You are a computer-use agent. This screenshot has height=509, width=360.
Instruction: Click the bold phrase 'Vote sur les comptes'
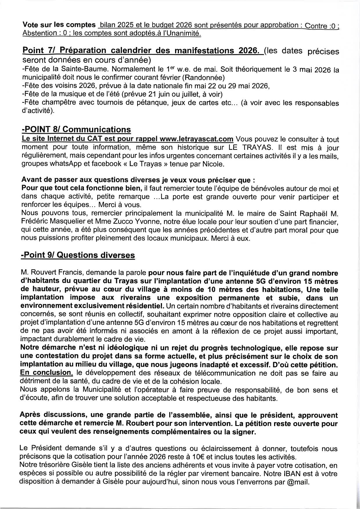click(x=59, y=25)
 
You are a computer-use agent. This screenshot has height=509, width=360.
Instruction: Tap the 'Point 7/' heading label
click(x=39, y=51)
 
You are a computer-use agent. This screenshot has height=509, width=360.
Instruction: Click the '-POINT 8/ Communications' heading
click(x=76, y=129)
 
